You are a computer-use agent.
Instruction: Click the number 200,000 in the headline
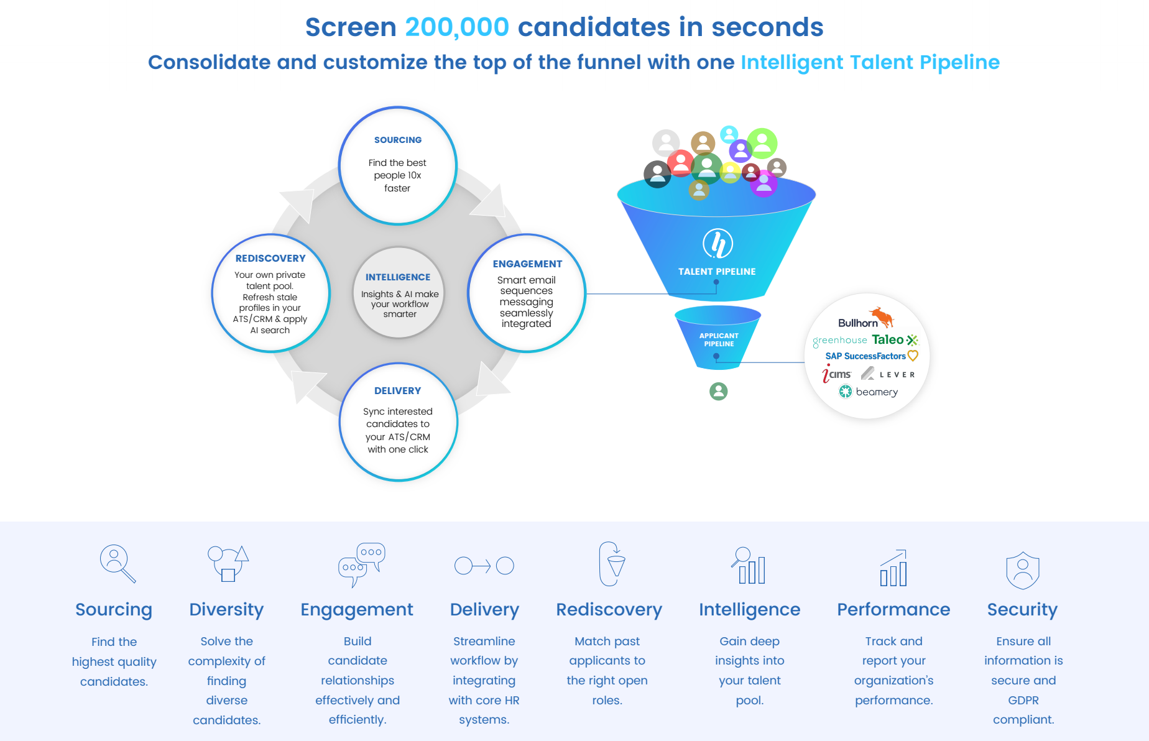457,27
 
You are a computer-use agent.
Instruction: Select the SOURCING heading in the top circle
398,140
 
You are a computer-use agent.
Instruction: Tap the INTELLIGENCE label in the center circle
398,277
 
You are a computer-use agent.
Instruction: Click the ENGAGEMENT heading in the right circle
527,264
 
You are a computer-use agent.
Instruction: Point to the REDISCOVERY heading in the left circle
270,259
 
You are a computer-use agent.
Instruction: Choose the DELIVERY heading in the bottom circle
398,391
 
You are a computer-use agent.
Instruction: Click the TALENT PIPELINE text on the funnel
717,272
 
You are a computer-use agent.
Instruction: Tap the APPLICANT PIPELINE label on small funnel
719,339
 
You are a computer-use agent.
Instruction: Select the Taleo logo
895,340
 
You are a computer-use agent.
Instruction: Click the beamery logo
869,392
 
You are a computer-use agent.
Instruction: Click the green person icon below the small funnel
719,391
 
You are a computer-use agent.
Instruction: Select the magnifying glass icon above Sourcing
118,564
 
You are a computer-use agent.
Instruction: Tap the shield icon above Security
1023,570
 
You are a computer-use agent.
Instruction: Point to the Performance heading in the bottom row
893,610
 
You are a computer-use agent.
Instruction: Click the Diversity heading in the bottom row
226,610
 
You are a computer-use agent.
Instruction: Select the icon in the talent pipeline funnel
718,243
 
